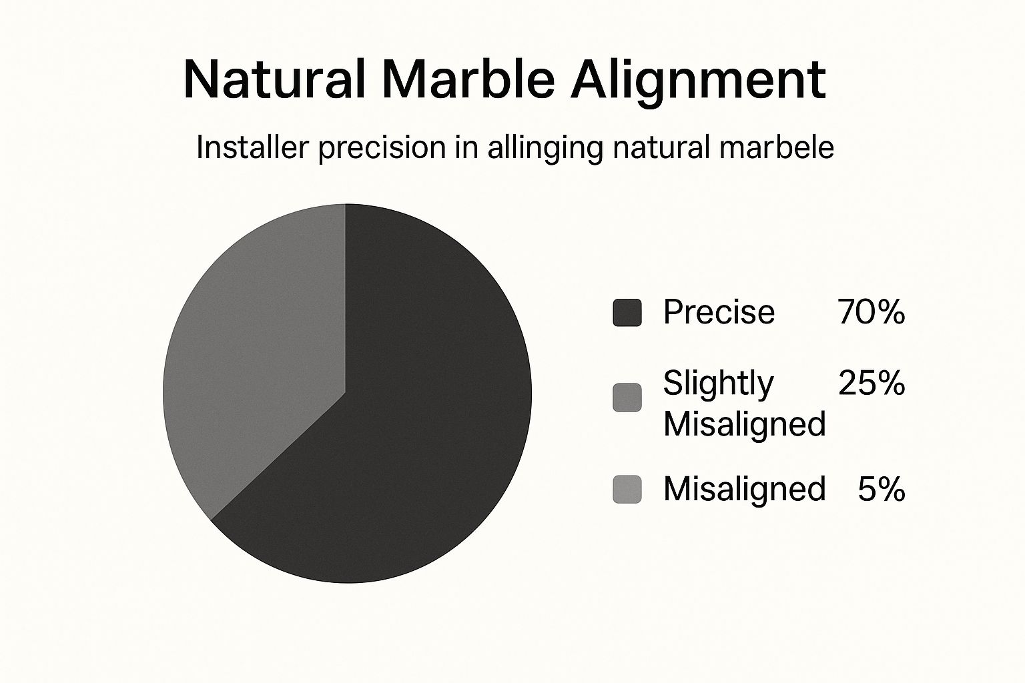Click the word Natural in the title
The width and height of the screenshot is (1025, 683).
coord(274,79)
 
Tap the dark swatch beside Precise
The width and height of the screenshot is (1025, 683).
coord(627,313)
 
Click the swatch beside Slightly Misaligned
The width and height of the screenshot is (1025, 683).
coord(627,398)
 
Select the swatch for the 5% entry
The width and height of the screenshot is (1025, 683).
coord(627,490)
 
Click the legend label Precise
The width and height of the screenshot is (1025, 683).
coord(719,312)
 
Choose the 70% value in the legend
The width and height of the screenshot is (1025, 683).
coord(871,312)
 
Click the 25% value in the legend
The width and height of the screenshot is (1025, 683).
coord(872,384)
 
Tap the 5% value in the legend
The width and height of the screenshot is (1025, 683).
coord(881,490)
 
